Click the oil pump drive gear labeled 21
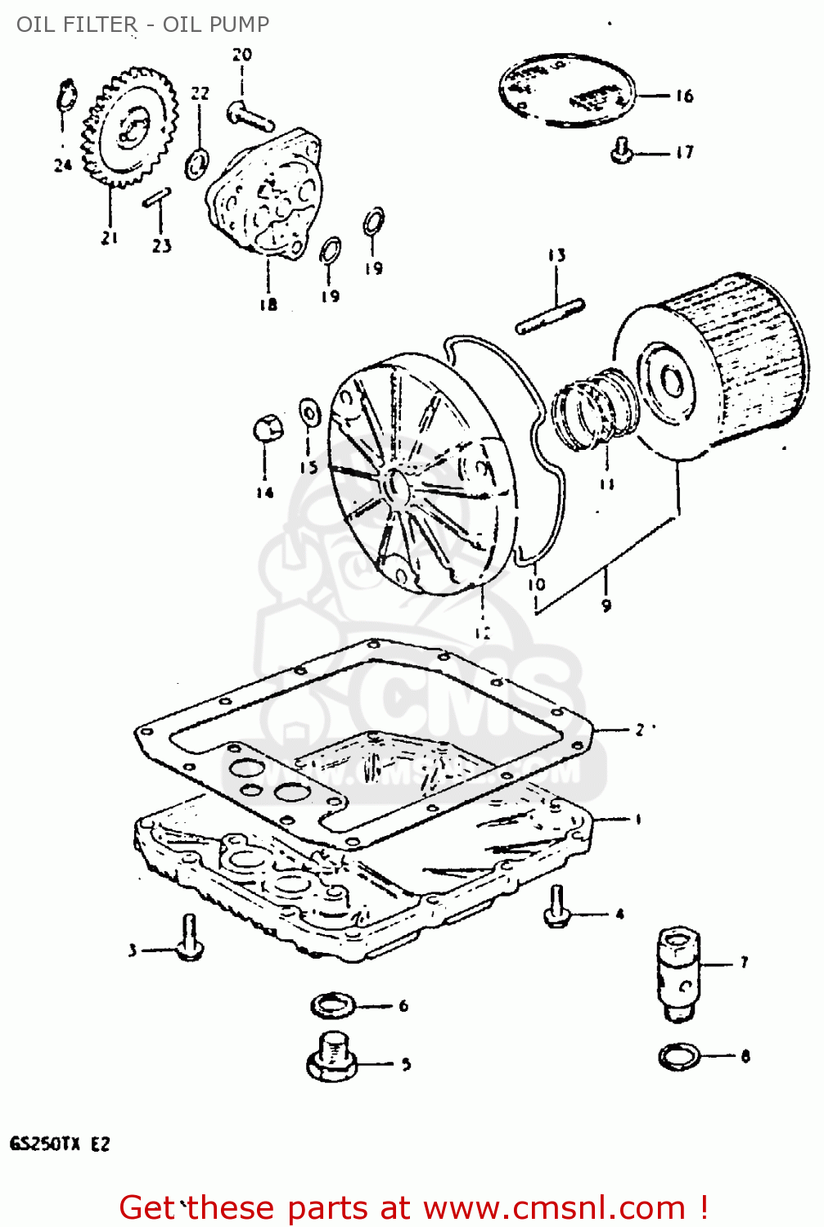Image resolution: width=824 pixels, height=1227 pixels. tap(132, 128)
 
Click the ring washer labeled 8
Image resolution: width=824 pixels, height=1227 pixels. tap(679, 1056)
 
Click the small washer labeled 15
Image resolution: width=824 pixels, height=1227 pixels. tap(309, 413)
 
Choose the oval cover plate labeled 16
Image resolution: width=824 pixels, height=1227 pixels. tap(566, 90)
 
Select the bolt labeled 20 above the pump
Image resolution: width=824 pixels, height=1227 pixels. tap(248, 115)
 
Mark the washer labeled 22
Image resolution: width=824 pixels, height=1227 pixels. tap(197, 163)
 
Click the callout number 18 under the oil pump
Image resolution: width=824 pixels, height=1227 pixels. tap(268, 304)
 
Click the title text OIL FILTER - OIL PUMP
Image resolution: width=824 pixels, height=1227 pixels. tap(142, 25)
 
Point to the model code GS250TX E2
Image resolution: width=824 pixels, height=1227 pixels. tap(60, 1144)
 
